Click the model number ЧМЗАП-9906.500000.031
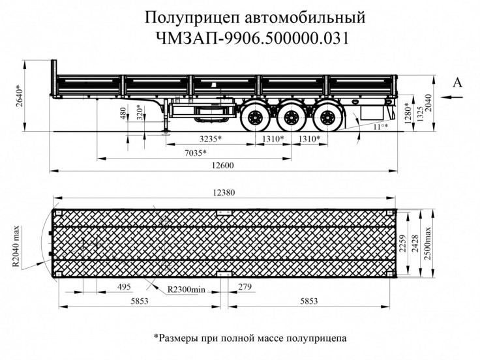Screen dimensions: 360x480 (239, 38)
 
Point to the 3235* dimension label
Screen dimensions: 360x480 (209, 140)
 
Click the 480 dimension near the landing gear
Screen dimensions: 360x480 (123, 114)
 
